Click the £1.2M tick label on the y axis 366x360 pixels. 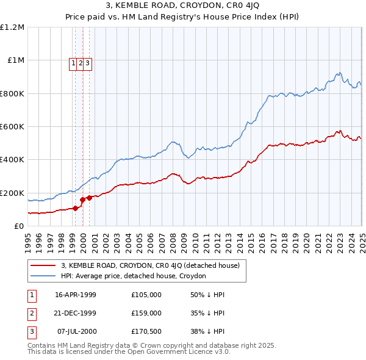[12, 27]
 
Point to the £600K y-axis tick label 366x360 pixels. [12, 127]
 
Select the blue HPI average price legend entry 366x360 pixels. [134, 276]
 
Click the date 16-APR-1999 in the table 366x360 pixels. [76, 294]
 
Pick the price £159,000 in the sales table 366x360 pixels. [146, 313]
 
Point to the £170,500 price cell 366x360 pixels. [146, 332]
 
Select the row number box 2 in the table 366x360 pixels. [30, 313]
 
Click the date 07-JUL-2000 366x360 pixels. [76, 332]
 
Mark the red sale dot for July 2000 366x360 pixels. [89, 198]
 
